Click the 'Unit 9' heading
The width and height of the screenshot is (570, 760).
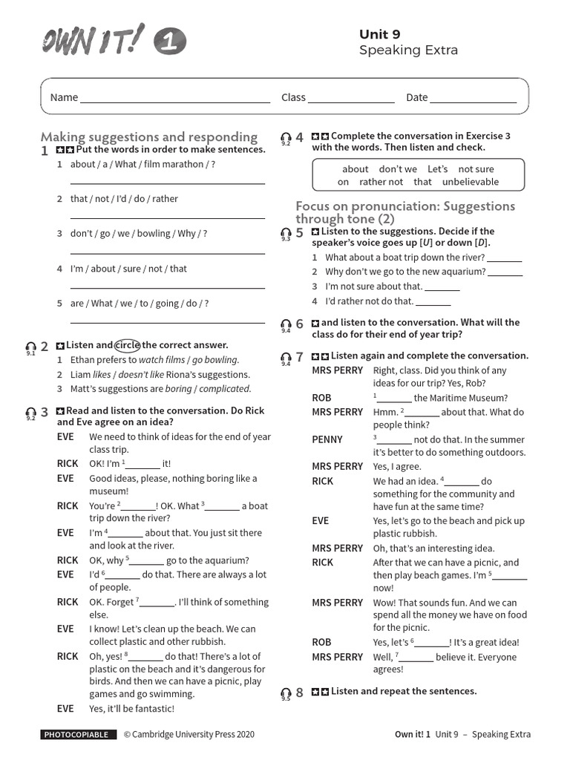click(x=379, y=34)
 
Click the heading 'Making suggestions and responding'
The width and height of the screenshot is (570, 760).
click(x=149, y=137)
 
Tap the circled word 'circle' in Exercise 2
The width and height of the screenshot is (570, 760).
click(x=128, y=345)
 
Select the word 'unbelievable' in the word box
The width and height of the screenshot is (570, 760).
click(x=471, y=182)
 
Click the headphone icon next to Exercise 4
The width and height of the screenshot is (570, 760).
click(x=286, y=138)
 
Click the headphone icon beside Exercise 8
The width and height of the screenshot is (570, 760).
click(x=286, y=693)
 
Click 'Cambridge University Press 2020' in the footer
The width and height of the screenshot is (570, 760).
click(x=194, y=735)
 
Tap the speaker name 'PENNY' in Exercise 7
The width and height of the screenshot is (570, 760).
click(x=327, y=439)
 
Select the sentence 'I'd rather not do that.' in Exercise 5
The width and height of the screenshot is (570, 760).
click(x=369, y=301)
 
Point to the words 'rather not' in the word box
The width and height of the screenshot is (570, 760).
click(x=381, y=182)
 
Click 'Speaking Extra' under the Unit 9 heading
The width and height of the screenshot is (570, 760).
click(x=408, y=50)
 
